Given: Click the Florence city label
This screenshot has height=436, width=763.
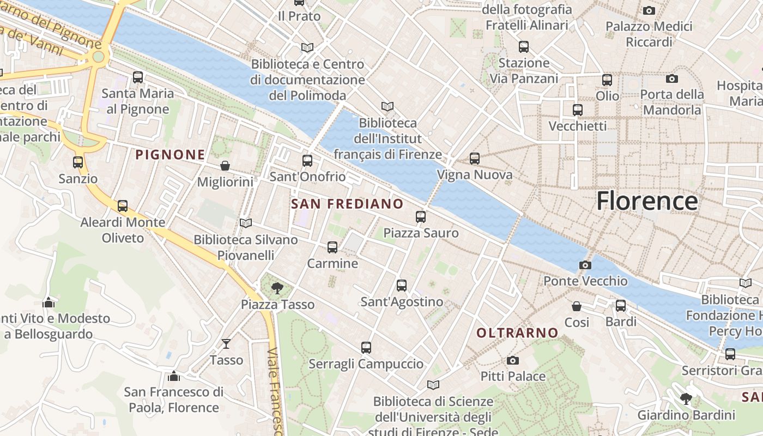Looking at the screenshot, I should (647, 201).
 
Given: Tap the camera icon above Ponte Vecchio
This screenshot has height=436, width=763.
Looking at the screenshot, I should (585, 265).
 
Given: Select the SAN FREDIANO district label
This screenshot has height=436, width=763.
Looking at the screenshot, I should (347, 204).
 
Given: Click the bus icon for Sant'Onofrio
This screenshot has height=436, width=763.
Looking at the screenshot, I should (307, 161).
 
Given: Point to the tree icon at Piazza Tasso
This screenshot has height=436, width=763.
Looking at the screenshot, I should (277, 288).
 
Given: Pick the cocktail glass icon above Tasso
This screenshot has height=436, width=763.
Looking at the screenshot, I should (226, 343).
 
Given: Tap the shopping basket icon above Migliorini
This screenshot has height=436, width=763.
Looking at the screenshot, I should (225, 166).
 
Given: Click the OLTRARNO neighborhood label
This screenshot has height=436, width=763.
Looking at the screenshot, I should (517, 332).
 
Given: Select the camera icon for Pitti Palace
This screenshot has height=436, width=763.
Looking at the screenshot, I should (512, 360).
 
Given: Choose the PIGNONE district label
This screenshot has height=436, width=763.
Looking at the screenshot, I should (170, 155).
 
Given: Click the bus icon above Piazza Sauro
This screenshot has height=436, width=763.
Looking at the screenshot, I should (421, 217).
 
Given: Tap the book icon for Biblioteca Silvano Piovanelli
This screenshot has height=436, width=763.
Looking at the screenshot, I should (246, 223).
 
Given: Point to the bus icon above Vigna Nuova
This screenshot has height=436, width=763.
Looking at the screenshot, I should (475, 159).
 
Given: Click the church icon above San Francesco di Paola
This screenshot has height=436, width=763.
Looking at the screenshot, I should (174, 376).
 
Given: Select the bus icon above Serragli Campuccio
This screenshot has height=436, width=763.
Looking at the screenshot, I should (366, 348).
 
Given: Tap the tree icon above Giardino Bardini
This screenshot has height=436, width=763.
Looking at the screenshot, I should (686, 399).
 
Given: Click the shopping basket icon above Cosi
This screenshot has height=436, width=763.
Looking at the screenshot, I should (577, 306).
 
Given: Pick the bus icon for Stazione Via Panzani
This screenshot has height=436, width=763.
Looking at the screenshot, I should (524, 47).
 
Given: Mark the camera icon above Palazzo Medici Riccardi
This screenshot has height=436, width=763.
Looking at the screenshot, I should (649, 10).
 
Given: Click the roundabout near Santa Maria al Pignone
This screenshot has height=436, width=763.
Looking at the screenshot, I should (98, 57).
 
